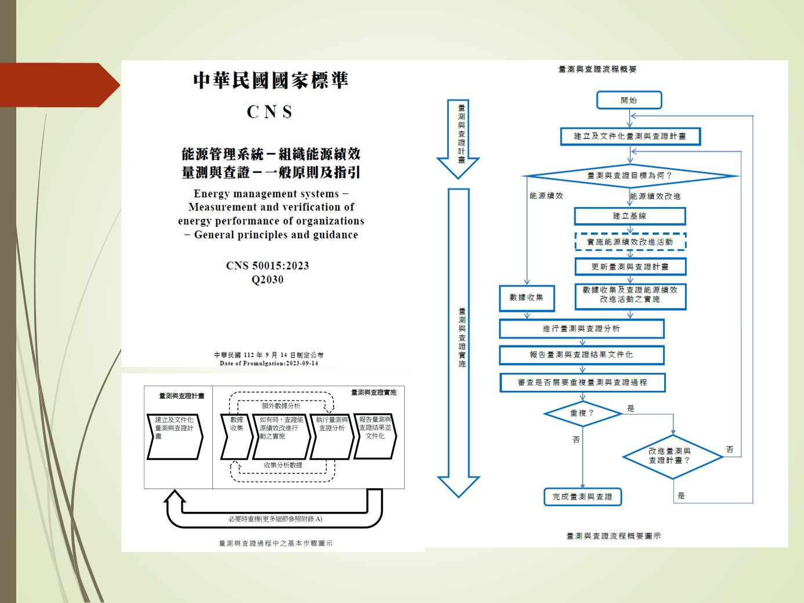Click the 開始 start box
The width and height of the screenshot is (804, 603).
(629, 100)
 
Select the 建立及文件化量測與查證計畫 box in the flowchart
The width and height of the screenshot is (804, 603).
(630, 136)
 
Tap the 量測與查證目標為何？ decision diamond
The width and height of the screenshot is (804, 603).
(630, 175)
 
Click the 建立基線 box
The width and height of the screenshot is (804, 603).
(629, 216)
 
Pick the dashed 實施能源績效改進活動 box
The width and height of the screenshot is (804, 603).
(630, 242)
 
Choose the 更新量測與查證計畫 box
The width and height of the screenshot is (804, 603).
(630, 267)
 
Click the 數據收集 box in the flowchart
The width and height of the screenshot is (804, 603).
(527, 298)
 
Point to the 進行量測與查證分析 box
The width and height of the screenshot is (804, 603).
(581, 329)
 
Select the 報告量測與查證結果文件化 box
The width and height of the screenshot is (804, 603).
(581, 354)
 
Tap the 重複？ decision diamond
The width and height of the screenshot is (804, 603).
(582, 413)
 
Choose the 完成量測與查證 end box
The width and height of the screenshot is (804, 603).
(582, 497)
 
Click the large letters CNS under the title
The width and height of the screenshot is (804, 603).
(270, 111)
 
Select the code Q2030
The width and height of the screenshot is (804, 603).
(267, 279)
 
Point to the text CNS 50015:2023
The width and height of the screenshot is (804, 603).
(267, 266)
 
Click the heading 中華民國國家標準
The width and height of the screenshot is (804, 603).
(270, 80)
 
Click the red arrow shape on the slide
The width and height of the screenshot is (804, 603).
(58, 85)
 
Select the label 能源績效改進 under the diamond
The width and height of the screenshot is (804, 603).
(655, 197)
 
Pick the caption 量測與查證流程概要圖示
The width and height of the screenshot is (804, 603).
(613, 536)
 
